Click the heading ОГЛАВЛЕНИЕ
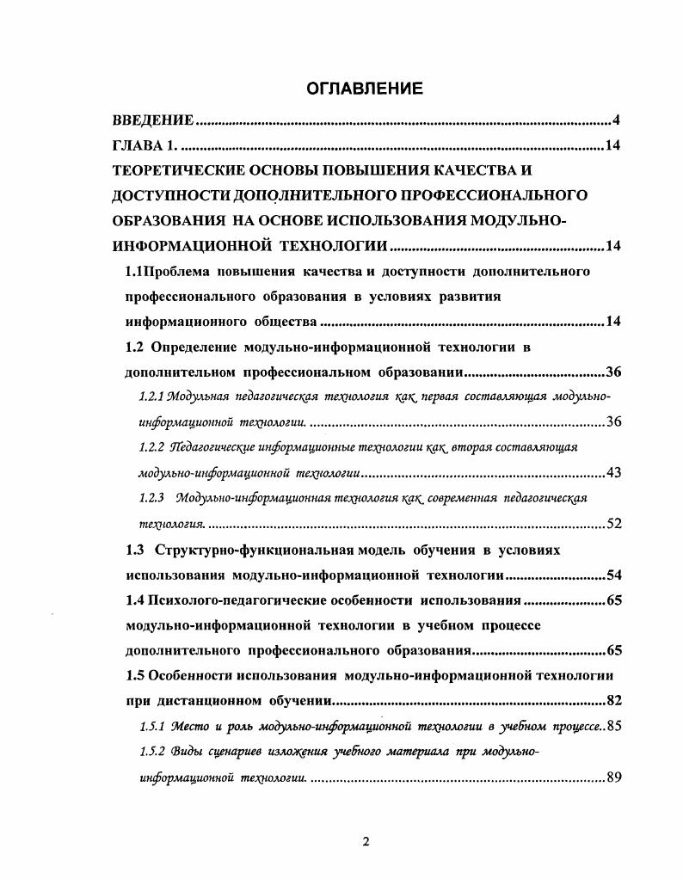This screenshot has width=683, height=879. tap(366, 88)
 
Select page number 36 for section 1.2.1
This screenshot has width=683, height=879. tap(614, 422)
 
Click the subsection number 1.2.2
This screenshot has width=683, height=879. tap(151, 447)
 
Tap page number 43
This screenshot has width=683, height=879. tap(614, 473)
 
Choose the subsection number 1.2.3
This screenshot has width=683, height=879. tap(151, 498)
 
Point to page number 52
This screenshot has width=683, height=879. tap(614, 524)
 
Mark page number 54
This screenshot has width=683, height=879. tap(614, 575)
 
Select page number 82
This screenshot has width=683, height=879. tap(614, 700)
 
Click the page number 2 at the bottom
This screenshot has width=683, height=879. tap(366, 841)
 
